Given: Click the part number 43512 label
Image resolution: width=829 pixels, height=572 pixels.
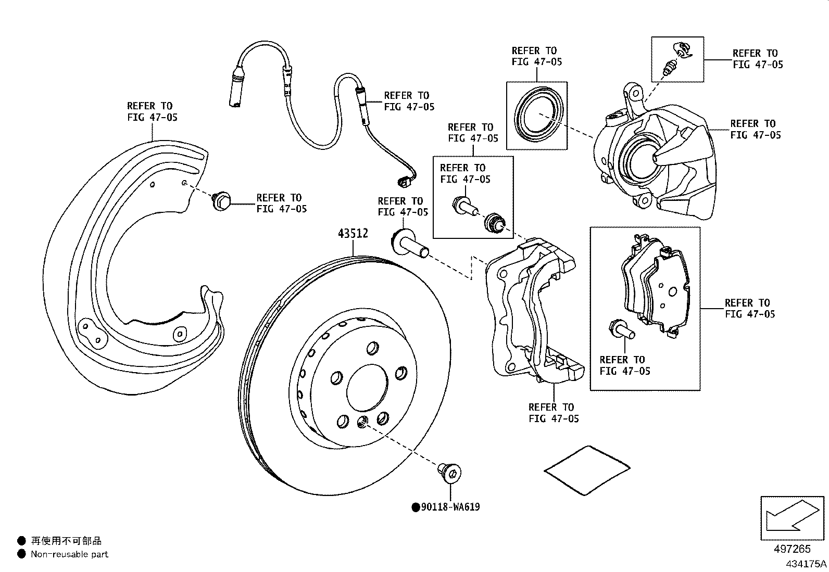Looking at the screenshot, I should pos(353,234).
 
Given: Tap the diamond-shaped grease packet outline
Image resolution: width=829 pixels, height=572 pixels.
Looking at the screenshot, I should pos(586,469).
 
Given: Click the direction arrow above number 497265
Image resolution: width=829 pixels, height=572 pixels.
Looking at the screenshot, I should pos(792,518).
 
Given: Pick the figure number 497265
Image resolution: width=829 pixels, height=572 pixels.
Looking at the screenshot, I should pos(792,549).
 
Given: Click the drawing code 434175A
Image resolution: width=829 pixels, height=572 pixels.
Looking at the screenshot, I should pos(806,564).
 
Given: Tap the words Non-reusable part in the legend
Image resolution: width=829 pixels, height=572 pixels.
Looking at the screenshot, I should pos(69,554).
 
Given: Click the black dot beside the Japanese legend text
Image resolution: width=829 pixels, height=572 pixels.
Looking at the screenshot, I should pos(21,541).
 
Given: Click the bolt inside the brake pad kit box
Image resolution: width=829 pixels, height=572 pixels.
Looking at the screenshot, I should pos(621,329).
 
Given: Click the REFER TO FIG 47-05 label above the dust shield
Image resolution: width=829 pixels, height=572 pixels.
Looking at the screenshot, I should pos(152,111).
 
